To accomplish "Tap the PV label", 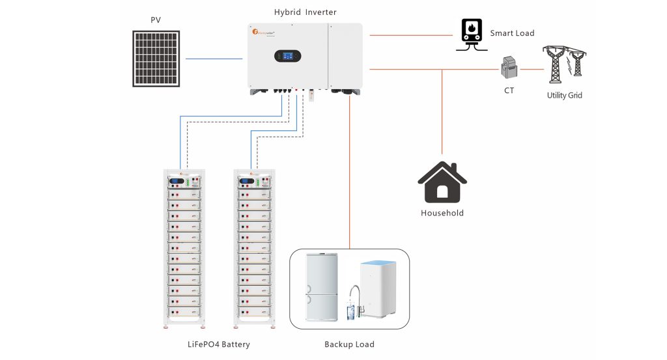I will pos(156,20).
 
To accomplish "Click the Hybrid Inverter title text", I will pos(305,12).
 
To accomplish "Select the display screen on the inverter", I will pos(287,57).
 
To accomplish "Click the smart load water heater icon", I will pos(471,33).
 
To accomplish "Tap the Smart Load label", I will pos(512,33).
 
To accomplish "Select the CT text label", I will pos(509,90).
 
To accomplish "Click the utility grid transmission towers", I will pos(564,64).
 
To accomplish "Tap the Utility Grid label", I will pos(564,95).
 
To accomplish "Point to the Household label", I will pos(442,213).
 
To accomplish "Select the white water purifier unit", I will pos(378,288).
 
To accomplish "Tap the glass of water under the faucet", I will pos(350,313).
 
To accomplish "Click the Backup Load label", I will pos(349,344).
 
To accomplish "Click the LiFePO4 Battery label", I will pos(218,344).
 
